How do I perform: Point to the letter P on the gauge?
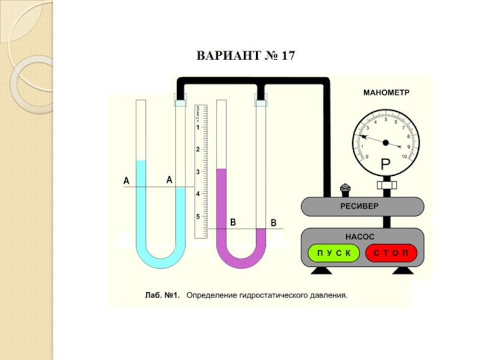pos(385,164)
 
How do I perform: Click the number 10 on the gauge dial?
pos(404,157)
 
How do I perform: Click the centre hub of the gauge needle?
pos(386,143)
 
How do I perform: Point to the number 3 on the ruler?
pos(198,172)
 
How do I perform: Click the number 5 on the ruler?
pos(198,216)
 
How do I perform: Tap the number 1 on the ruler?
pos(198,128)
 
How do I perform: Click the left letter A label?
pos(126,180)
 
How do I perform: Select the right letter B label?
pos(274,223)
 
